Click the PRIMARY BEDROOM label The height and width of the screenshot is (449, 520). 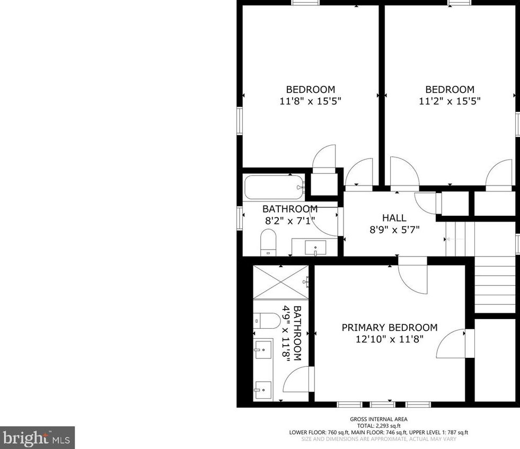point(389,328)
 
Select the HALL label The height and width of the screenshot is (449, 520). point(394,218)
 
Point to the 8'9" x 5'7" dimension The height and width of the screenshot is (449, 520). point(394,230)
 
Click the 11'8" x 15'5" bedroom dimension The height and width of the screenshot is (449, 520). point(310,101)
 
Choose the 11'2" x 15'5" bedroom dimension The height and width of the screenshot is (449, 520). point(450,101)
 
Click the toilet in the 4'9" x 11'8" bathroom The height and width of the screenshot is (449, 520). point(267,320)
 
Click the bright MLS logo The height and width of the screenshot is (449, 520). point(37,438)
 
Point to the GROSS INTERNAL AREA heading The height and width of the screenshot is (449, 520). point(378,419)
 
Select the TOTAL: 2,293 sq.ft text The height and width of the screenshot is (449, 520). point(378,426)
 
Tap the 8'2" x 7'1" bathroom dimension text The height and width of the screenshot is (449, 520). point(289,220)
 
